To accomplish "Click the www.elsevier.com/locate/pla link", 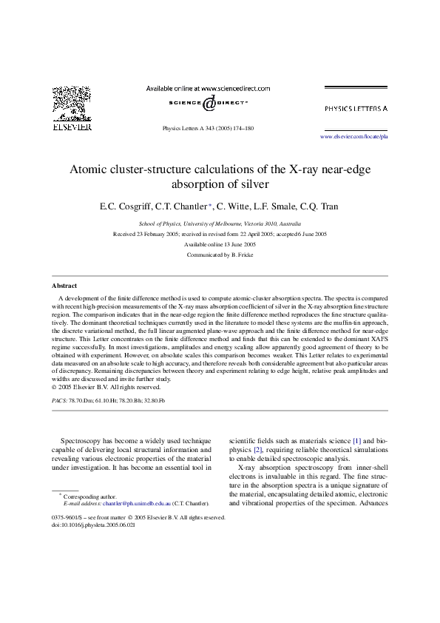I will point(354,137).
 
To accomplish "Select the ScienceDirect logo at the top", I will point(208,102).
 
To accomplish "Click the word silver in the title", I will point(251,184).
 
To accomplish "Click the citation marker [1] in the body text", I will point(356,441).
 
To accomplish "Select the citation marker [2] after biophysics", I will point(258,449).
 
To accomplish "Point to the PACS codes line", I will point(108,400).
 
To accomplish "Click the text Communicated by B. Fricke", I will point(220,254).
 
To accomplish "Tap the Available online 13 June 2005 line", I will point(220,243).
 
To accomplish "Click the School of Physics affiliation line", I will point(220,223).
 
